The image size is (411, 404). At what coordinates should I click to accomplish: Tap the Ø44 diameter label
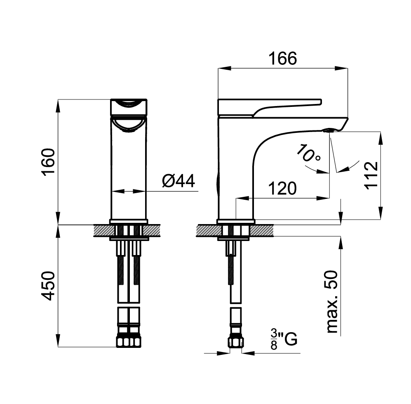coord(178,181)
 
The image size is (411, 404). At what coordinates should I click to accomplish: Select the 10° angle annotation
coord(308,154)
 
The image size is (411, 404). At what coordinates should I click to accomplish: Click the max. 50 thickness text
coord(331,302)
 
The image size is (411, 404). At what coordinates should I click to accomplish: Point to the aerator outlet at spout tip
coord(328,131)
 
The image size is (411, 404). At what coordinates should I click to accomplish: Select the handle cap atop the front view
coord(128,106)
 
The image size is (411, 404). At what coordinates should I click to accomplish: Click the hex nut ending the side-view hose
coord(235,342)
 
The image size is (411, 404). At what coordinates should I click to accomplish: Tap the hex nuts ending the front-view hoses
coord(129,342)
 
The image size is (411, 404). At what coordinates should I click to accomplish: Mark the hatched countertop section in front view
coord(101,230)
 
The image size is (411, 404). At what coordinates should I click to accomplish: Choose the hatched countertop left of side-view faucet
coord(206,230)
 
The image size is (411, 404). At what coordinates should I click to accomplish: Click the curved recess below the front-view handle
coord(129,124)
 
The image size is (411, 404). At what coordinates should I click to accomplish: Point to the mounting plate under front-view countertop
coord(129,238)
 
